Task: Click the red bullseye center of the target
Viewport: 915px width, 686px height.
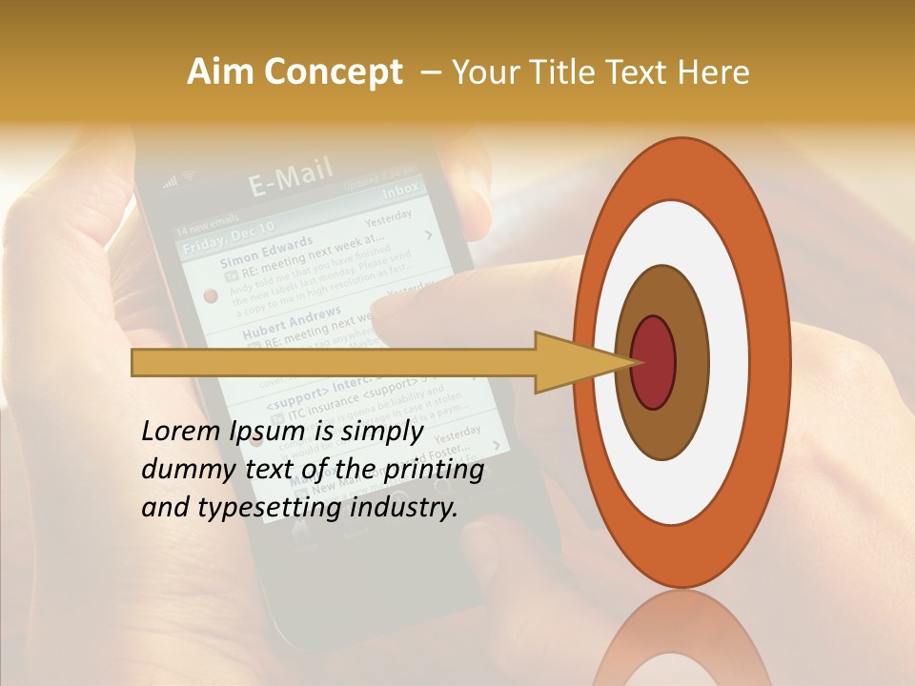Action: pos(654,362)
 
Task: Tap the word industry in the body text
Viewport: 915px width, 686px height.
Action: pos(404,508)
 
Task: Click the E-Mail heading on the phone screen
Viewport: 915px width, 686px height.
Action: pos(292,177)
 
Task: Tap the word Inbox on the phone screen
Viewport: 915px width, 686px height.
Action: pos(399,190)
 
